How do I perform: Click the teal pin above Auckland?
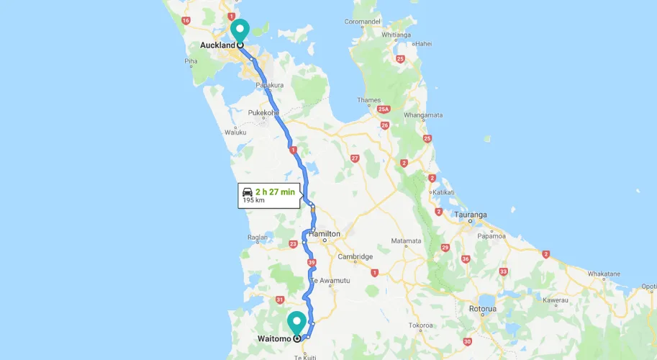pyautogui.click(x=240, y=30)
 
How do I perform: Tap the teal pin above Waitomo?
pyautogui.click(x=296, y=321)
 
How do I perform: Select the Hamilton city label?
pyautogui.click(x=324, y=235)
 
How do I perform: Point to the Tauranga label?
pyautogui.click(x=471, y=215)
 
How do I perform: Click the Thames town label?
pyautogui.click(x=368, y=100)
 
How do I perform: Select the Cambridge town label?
pyautogui.click(x=355, y=256)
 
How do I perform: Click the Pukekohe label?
pyautogui.click(x=264, y=113)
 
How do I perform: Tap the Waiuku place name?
pyautogui.click(x=235, y=132)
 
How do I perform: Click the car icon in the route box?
pyautogui.click(x=248, y=192)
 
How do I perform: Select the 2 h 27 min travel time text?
pyautogui.click(x=275, y=192)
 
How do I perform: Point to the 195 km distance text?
pyautogui.click(x=254, y=201)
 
